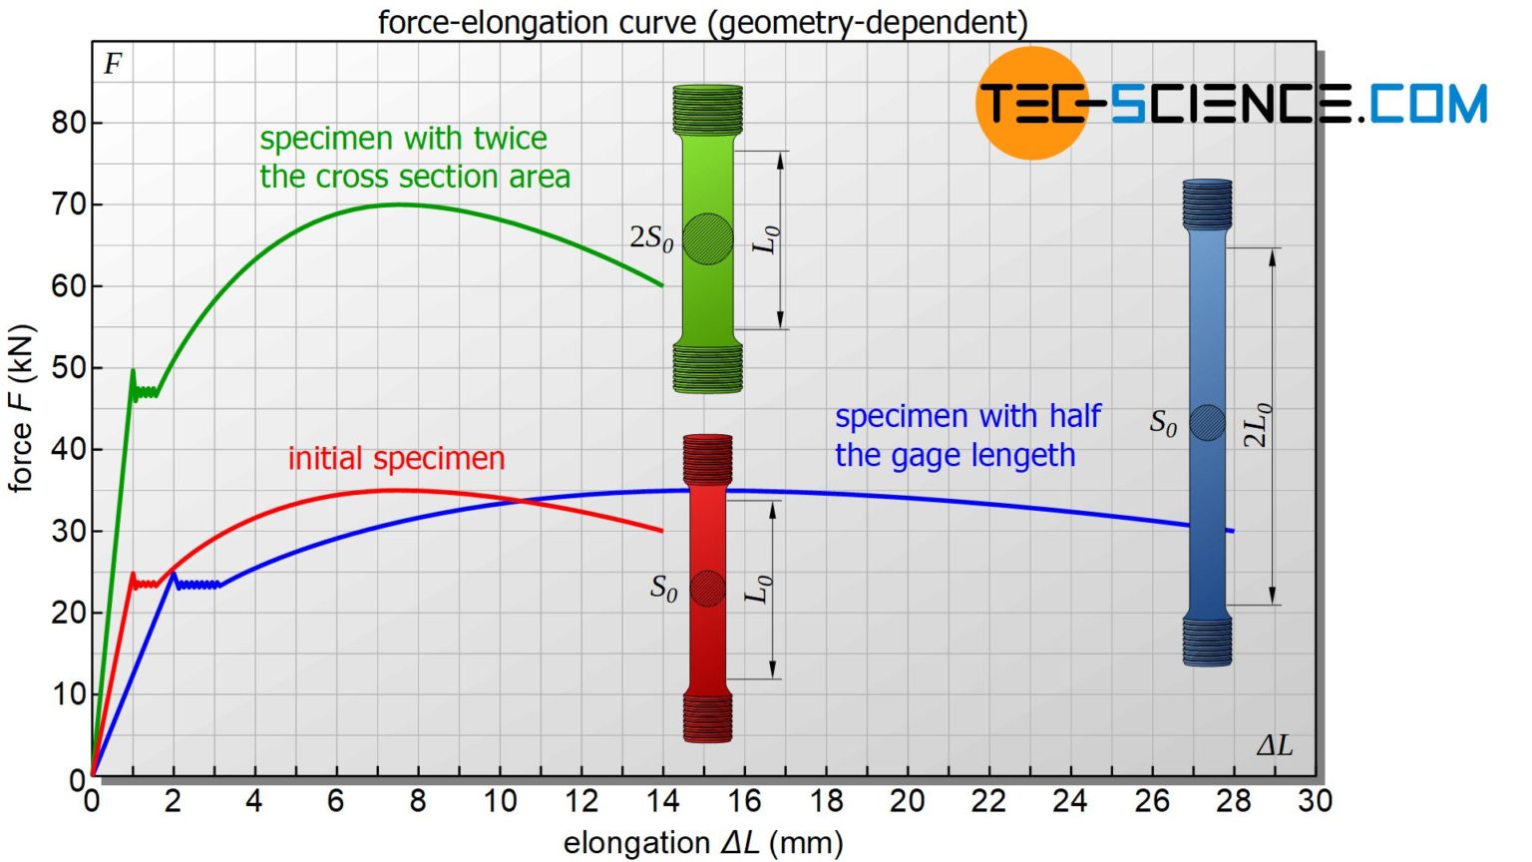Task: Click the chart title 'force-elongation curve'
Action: [x=702, y=21]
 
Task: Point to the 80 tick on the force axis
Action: [x=70, y=123]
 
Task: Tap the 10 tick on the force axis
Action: [x=70, y=693]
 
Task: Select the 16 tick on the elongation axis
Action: [x=744, y=801]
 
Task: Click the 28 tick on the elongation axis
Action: [x=1234, y=801]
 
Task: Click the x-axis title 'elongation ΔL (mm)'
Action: [x=703, y=843]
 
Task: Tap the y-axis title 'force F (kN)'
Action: [x=21, y=408]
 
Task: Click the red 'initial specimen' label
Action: [x=396, y=458]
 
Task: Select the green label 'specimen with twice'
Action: [x=403, y=139]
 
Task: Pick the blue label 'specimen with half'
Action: [x=967, y=416]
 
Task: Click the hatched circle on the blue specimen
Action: [x=1207, y=423]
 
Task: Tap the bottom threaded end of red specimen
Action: [x=707, y=718]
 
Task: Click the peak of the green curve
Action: [x=399, y=205]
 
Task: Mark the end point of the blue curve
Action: [x=1234, y=531]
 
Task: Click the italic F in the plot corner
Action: [x=113, y=65]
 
